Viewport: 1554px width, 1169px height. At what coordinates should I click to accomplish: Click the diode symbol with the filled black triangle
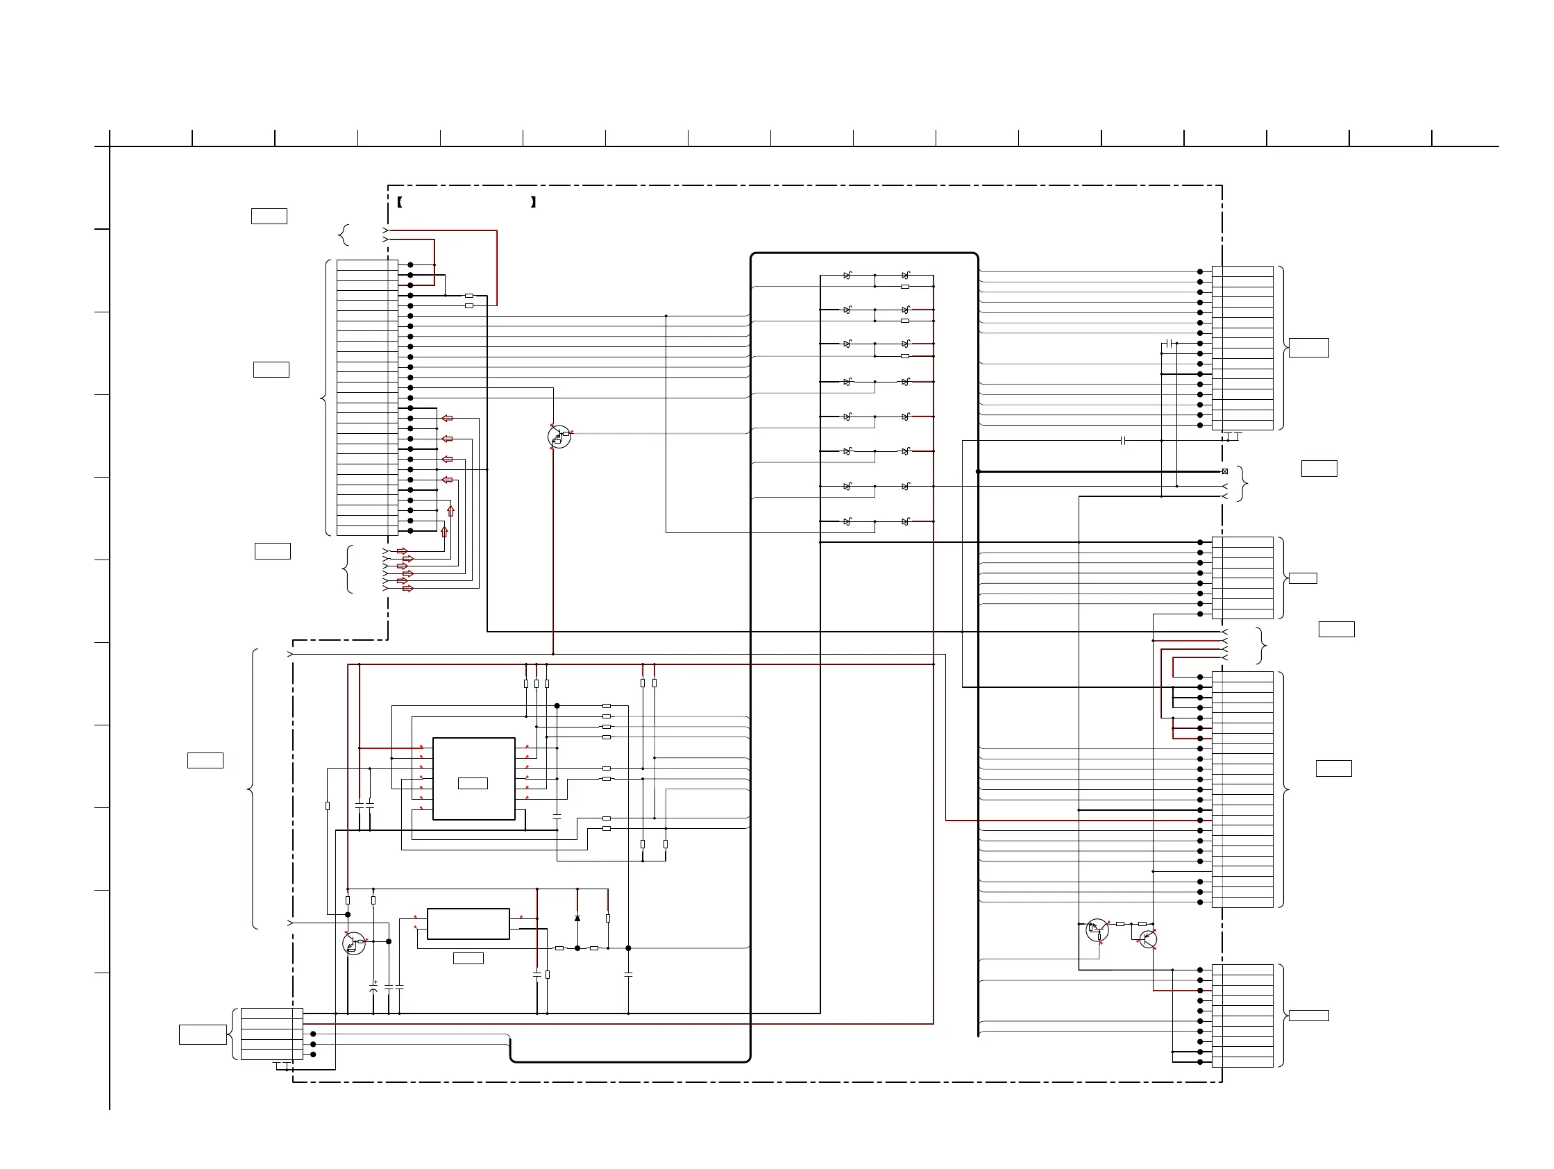pyautogui.click(x=577, y=918)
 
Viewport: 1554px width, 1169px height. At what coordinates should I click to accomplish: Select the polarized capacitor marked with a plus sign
pyautogui.click(x=373, y=987)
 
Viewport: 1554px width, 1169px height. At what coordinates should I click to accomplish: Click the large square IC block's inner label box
pyautogui.click(x=473, y=783)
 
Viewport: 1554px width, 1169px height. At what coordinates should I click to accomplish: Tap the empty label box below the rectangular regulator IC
pyautogui.click(x=468, y=958)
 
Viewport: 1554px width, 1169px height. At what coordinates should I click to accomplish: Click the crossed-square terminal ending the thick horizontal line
pyautogui.click(x=1225, y=471)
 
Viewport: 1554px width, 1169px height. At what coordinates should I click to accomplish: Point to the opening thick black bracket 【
pyautogui.click(x=399, y=202)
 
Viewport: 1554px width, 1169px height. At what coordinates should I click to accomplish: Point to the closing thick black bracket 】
pyautogui.click(x=534, y=202)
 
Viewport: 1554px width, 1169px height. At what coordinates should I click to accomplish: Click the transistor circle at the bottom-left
pyautogui.click(x=353, y=943)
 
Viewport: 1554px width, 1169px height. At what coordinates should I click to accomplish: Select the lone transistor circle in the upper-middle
pyautogui.click(x=559, y=437)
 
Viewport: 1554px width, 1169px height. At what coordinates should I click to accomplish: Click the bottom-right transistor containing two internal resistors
pyautogui.click(x=1097, y=930)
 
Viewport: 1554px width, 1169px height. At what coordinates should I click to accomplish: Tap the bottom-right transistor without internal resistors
pyautogui.click(x=1148, y=939)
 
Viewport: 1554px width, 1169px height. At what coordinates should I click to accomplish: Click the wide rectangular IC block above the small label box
pyautogui.click(x=468, y=924)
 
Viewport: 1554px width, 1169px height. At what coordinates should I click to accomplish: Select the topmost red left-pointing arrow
pyautogui.click(x=447, y=419)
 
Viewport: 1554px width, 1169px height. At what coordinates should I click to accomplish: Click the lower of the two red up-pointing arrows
pyautogui.click(x=444, y=532)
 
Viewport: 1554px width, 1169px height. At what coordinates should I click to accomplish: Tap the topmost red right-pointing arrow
pyautogui.click(x=403, y=551)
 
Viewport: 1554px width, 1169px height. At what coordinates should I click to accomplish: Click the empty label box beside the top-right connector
pyautogui.click(x=1309, y=348)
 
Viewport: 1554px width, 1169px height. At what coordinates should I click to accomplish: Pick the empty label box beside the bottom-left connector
pyautogui.click(x=203, y=1035)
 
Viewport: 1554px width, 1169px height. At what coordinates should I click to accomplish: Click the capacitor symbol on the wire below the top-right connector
pyautogui.click(x=1123, y=441)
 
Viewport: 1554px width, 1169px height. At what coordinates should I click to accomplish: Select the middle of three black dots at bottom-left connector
pyautogui.click(x=313, y=1045)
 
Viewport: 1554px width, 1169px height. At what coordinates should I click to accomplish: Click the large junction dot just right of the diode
pyautogui.click(x=628, y=948)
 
